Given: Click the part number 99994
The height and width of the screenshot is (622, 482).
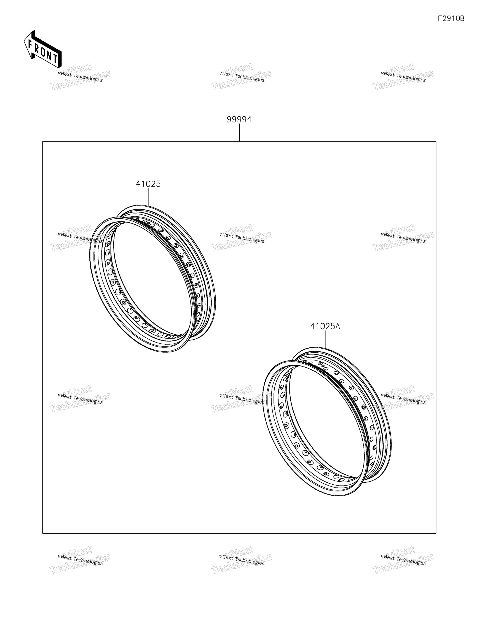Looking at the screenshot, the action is tap(239, 119).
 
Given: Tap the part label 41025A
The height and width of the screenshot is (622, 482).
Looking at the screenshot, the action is tap(325, 326).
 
